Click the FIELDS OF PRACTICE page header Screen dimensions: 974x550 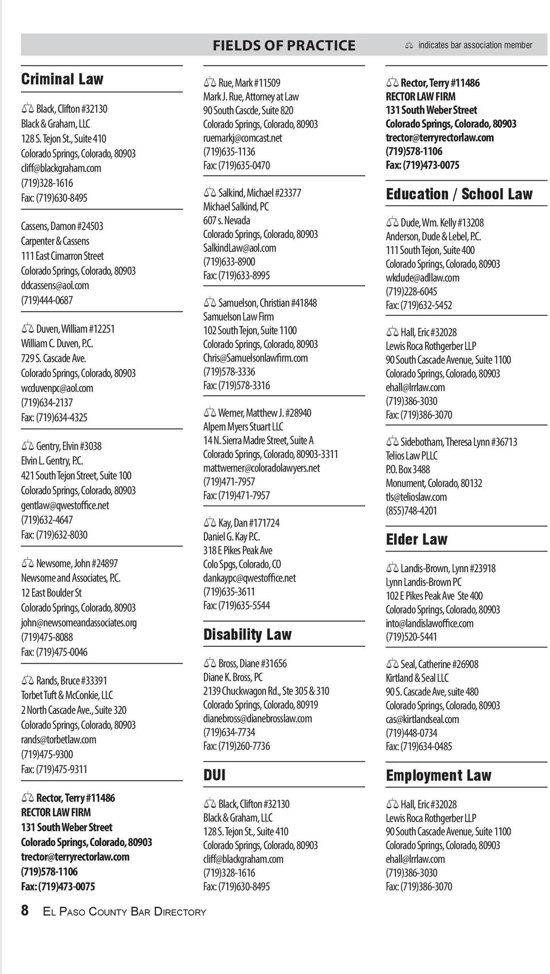pyautogui.click(x=284, y=45)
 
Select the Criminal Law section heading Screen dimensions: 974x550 pyautogui.click(x=62, y=79)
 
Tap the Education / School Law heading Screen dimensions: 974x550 pyautogui.click(x=459, y=194)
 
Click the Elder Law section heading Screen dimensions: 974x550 pyautogui.click(x=417, y=540)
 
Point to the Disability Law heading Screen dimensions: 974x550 pyautogui.click(x=247, y=635)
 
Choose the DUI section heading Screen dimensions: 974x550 pyautogui.click(x=214, y=776)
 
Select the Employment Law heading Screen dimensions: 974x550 pyautogui.click(x=438, y=776)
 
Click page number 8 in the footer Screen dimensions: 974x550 pyautogui.click(x=25, y=910)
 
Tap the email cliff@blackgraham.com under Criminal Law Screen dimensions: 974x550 pyautogui.click(x=61, y=168)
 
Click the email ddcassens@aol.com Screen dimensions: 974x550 pyautogui.click(x=55, y=285)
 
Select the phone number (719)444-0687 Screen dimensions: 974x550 pyautogui.click(x=47, y=300)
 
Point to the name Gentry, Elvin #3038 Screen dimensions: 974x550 pyautogui.click(x=69, y=446)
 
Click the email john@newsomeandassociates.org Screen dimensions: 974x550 pyautogui.click(x=79, y=622)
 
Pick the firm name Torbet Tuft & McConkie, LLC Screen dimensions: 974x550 pyautogui.click(x=67, y=696)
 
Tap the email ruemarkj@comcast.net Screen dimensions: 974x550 pyautogui.click(x=243, y=138)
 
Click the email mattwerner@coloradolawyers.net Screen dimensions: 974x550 pyautogui.click(x=262, y=468)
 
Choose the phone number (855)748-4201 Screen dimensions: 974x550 pyautogui.click(x=411, y=510)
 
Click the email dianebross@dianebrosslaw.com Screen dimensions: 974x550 pyautogui.click(x=258, y=718)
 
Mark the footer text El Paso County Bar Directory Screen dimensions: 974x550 pyautogui.click(x=124, y=912)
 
